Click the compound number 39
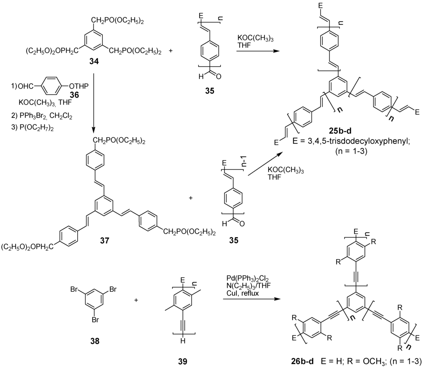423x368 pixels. click(182, 361)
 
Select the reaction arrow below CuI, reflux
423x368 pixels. click(250, 299)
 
